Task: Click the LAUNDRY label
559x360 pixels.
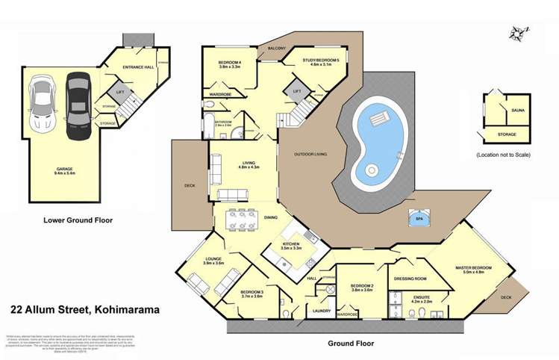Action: tap(322, 310)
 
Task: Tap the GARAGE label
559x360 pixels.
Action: tap(63, 169)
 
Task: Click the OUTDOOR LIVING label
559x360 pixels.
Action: tap(310, 154)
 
